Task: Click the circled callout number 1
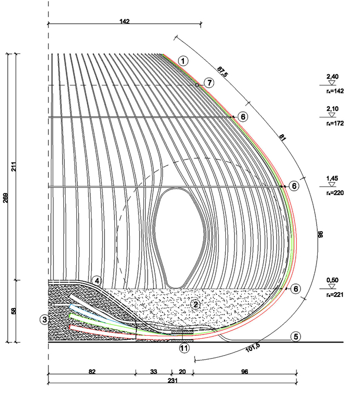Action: (183, 61)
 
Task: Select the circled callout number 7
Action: (209, 83)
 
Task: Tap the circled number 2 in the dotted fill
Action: (195, 304)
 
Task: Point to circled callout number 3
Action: (45, 320)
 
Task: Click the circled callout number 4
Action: (97, 281)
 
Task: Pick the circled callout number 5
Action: (296, 336)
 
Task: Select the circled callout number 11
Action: (184, 348)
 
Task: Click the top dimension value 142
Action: (125, 21)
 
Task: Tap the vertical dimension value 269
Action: (5, 198)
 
